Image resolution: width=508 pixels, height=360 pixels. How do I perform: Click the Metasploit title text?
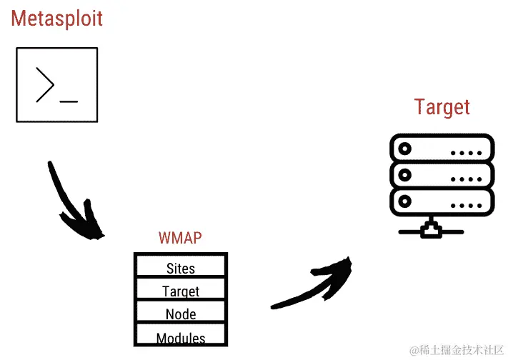click(56, 18)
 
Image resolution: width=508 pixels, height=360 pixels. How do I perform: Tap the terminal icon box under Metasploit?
click(56, 84)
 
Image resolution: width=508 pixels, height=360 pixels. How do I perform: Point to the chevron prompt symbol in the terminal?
click(44, 85)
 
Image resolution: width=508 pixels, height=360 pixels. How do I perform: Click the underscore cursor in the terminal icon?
click(69, 101)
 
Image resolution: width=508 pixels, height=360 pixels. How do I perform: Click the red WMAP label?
click(179, 238)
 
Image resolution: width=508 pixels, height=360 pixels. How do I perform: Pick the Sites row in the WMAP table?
click(180, 269)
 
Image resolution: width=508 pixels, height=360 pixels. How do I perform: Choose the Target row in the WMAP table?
click(180, 291)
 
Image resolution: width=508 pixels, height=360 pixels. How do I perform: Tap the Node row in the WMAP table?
click(180, 314)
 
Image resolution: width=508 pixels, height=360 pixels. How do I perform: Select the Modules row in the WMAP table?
click(180, 337)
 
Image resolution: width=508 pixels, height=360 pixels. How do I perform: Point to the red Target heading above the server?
click(442, 107)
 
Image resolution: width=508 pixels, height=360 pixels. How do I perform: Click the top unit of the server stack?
click(442, 149)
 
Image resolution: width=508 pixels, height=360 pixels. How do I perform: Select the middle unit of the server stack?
click(442, 174)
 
